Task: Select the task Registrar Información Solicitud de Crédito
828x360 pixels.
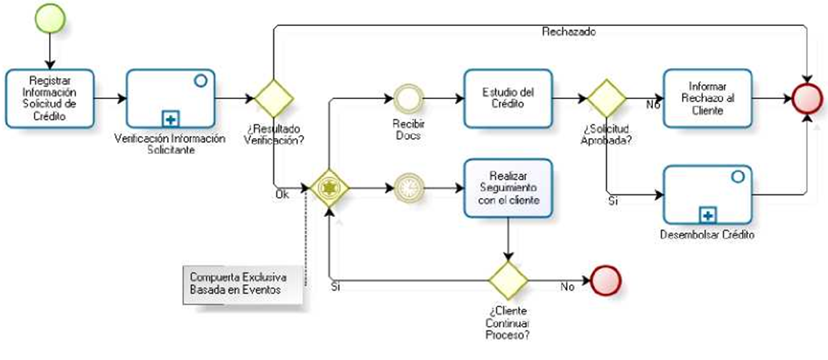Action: (x=49, y=98)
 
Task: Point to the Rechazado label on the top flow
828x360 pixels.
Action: (x=568, y=32)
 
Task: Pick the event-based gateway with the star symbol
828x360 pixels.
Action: (x=329, y=188)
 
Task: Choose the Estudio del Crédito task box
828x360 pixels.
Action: (x=508, y=98)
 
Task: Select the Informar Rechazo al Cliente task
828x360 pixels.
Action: (x=707, y=98)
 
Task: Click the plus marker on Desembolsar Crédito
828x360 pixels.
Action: (x=708, y=214)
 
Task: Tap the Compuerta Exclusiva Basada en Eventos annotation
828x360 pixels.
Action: (x=239, y=283)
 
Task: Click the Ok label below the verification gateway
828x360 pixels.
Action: (x=283, y=194)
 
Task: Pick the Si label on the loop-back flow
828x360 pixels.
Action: (x=335, y=287)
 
